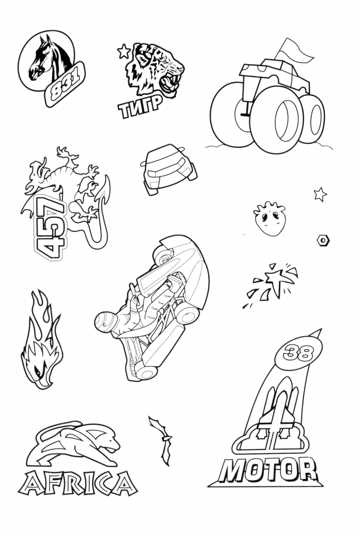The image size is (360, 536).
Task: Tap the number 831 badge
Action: click(65, 84)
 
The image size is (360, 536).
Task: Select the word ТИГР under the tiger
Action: click(140, 105)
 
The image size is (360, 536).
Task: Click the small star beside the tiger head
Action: click(123, 51)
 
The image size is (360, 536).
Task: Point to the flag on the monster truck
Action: click(293, 51)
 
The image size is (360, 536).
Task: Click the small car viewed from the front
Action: click(168, 169)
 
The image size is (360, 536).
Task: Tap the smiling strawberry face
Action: click(269, 219)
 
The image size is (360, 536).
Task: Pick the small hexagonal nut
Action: click(323, 240)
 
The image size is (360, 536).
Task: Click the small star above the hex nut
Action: click(320, 195)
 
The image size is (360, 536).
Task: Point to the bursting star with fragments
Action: click(272, 284)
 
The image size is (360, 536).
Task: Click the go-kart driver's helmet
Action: click(107, 322)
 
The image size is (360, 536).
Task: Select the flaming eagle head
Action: click(42, 342)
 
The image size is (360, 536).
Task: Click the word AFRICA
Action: click(77, 483)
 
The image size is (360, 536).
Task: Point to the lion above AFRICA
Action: click(73, 444)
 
